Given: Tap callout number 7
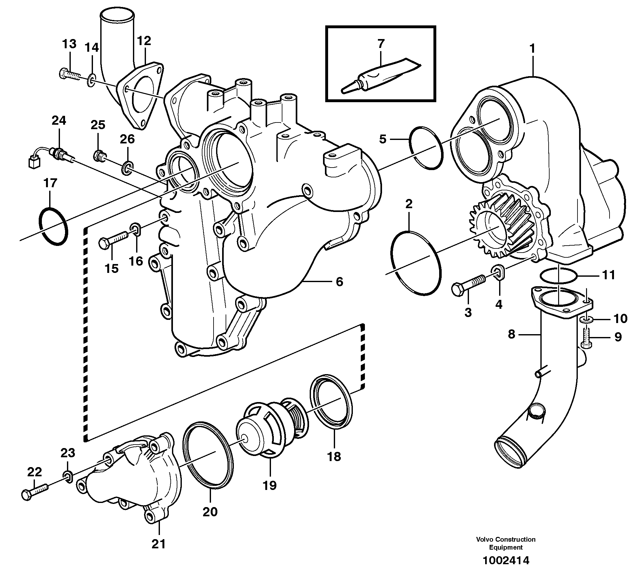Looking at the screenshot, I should (x=381, y=44).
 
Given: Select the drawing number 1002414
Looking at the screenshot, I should (x=506, y=569).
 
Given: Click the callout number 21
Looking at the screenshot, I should (x=159, y=544).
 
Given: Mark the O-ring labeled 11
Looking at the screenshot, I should (x=558, y=275).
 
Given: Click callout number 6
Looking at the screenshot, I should (x=340, y=281).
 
